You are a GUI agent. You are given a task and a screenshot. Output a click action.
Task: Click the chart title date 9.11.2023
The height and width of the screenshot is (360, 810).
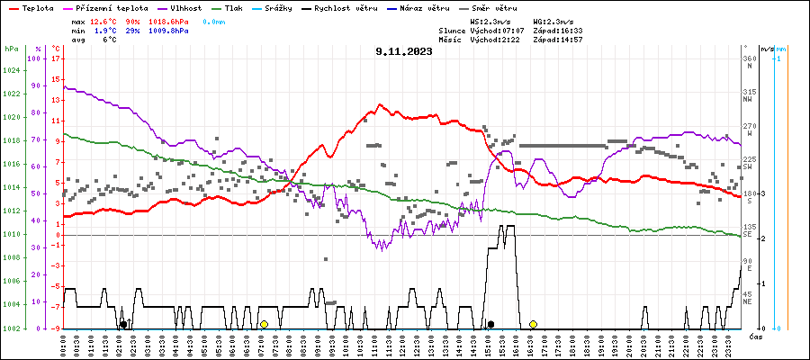[404, 52]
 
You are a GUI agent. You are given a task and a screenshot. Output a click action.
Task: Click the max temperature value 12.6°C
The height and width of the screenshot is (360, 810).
[104, 21]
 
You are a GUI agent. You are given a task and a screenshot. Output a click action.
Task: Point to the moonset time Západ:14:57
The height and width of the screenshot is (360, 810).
[558, 40]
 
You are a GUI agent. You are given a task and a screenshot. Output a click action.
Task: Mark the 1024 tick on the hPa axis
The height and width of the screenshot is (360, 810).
[12, 69]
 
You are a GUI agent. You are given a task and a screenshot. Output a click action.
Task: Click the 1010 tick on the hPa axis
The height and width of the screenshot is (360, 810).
[12, 234]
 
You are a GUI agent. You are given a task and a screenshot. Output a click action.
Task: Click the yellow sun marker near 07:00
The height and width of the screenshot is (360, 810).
[264, 324]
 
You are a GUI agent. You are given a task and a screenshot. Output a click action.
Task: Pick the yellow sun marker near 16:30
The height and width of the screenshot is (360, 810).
[533, 324]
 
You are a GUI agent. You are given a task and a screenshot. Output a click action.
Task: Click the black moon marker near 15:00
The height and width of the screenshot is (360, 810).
[490, 324]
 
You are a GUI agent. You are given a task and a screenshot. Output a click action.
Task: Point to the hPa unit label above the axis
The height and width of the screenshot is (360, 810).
[11, 49]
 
